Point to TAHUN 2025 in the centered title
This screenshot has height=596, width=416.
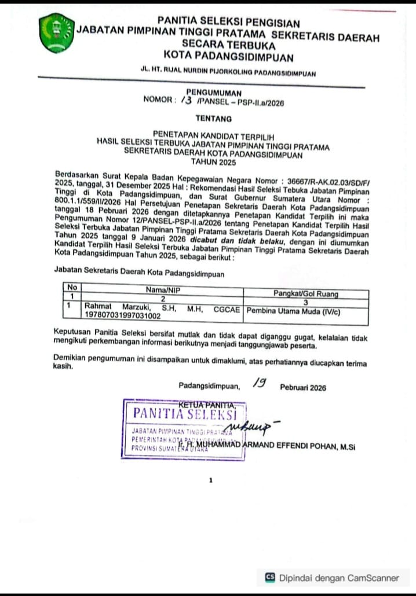[211, 163]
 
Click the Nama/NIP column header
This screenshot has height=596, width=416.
[163, 288]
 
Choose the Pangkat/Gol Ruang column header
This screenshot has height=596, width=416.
[306, 293]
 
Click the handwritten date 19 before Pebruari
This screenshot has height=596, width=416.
[259, 383]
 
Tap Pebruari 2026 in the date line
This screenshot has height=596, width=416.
[303, 388]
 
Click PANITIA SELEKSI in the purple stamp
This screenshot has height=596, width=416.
[185, 413]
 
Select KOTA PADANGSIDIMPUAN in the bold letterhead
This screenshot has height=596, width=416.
[228, 57]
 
